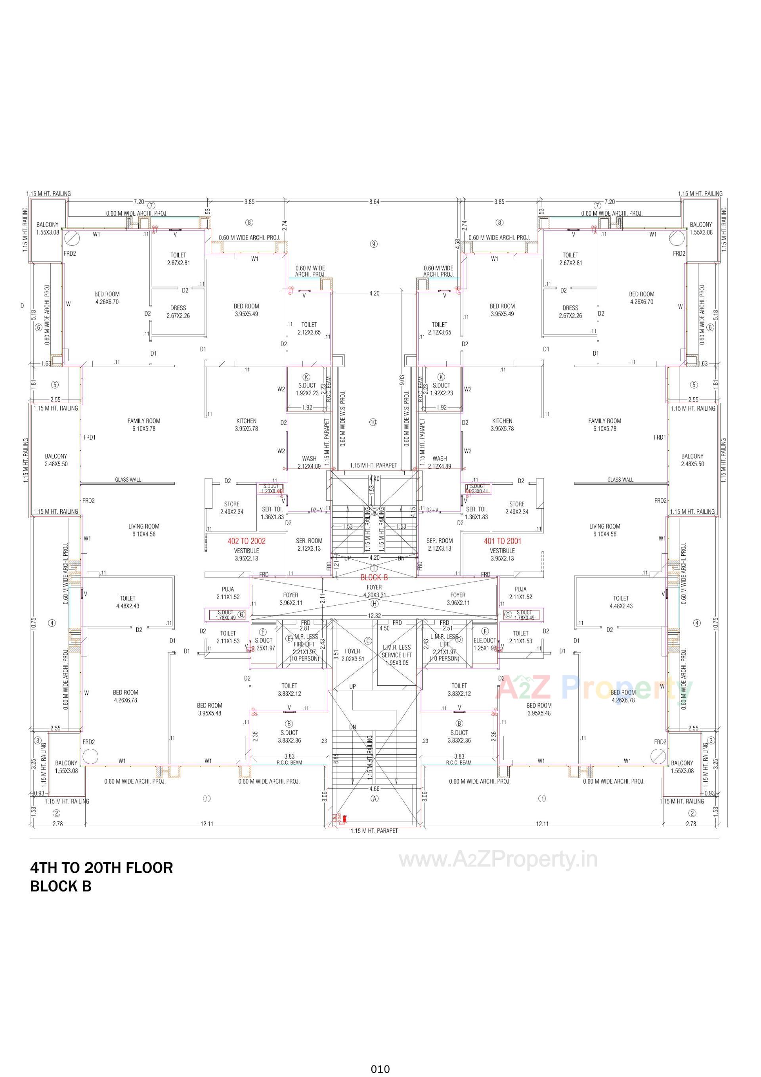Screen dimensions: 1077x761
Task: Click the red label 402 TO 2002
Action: (246, 541)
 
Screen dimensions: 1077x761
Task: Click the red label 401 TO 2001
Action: (502, 541)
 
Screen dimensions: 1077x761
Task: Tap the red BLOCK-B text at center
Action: (374, 578)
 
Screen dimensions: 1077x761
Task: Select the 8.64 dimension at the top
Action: (374, 202)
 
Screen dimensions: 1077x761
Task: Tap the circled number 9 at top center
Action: (374, 243)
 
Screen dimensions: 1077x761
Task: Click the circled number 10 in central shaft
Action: (373, 422)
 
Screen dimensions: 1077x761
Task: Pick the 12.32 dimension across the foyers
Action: (374, 616)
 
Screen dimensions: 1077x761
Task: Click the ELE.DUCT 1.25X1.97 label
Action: (485, 644)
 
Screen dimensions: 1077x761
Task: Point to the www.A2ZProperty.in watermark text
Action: (498, 860)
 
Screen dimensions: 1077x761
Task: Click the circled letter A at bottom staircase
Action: (375, 798)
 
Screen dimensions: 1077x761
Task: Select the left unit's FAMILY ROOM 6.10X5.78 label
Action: (143, 425)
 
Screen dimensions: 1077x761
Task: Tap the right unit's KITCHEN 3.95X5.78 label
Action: (502, 425)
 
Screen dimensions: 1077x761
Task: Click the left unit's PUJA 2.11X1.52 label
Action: (228, 593)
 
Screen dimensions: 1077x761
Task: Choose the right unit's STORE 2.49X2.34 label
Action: (516, 508)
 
